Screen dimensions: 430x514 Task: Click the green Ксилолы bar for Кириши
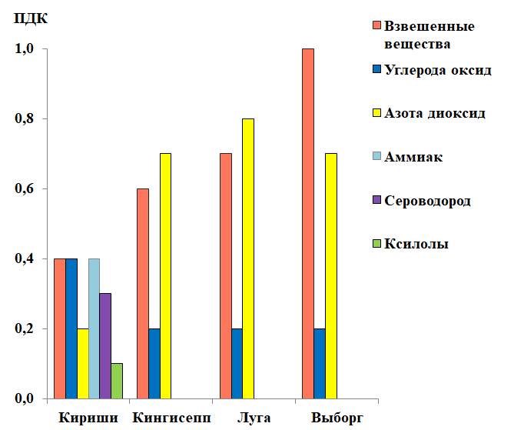pyautogui.click(x=117, y=381)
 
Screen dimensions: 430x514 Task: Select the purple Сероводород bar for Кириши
pyautogui.click(x=105, y=346)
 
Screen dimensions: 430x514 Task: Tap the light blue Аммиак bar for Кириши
pyautogui.click(x=94, y=328)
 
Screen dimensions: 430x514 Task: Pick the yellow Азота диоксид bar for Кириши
pyautogui.click(x=82, y=363)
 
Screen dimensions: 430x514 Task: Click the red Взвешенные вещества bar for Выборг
pyautogui.click(x=308, y=223)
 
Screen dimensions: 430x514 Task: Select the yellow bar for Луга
pyautogui.click(x=248, y=258)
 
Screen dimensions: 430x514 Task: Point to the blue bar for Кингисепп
pyautogui.click(x=154, y=363)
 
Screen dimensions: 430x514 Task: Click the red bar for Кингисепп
pyautogui.click(x=142, y=293)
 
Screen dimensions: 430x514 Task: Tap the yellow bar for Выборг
pyautogui.click(x=331, y=275)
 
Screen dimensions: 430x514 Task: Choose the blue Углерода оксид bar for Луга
pyautogui.click(x=237, y=363)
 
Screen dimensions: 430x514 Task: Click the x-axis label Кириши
pyautogui.click(x=88, y=418)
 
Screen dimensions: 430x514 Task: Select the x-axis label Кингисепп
pyautogui.click(x=171, y=418)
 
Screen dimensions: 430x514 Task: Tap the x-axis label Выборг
pyautogui.click(x=337, y=418)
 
